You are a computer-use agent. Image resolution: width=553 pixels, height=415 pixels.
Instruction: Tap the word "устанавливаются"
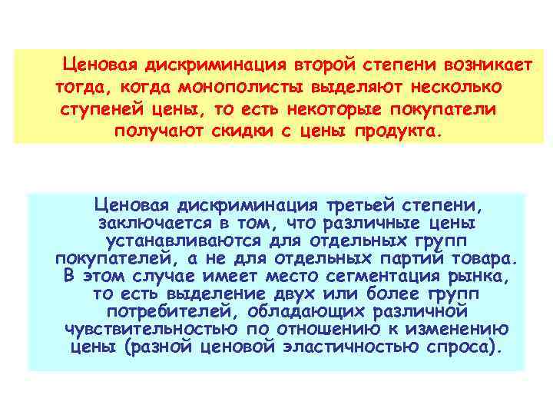click(x=187, y=240)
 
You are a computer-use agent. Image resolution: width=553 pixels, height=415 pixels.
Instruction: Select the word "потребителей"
click(x=168, y=310)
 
